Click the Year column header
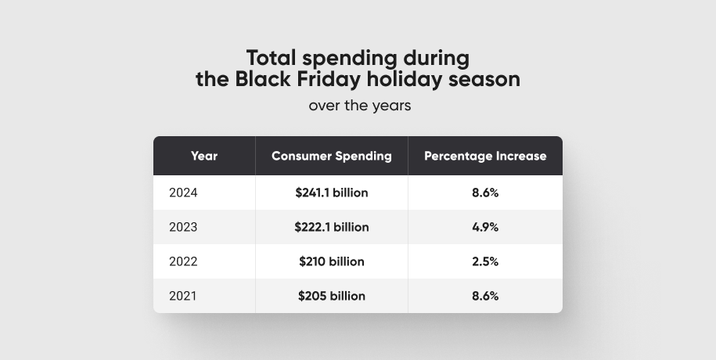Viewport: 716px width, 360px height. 204,156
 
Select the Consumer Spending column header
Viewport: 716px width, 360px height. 332,156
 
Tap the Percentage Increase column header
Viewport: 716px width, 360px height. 485,156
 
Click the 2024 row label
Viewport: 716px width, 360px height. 183,193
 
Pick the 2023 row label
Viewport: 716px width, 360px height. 183,227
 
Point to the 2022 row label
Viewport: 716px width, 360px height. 183,261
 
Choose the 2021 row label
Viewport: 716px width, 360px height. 183,296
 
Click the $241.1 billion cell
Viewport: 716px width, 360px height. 332,193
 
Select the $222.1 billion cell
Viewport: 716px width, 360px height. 332,227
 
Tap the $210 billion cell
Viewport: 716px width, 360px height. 332,261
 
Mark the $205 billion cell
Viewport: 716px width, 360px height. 332,296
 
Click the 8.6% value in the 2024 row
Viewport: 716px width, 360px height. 485,193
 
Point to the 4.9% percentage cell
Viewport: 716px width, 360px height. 485,227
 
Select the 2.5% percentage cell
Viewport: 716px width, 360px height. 485,261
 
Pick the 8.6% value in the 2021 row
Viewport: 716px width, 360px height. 485,296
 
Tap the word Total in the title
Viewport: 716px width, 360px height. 272,58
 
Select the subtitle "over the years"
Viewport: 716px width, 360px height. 359,105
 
